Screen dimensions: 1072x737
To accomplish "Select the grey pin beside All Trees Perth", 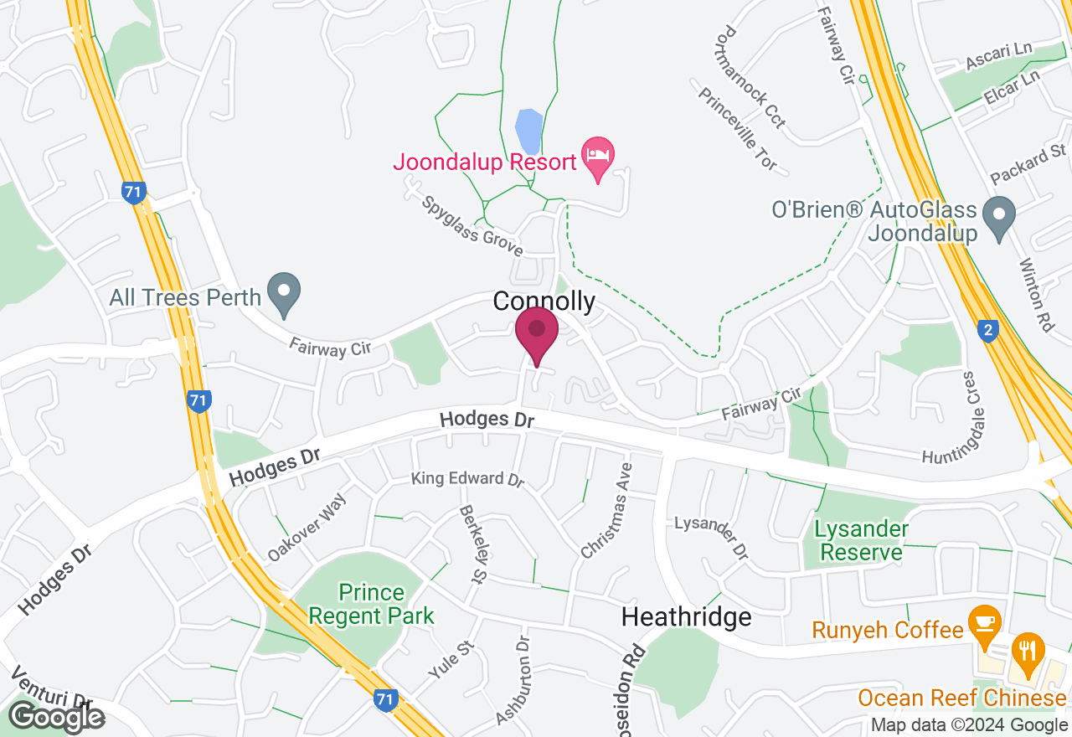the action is click(284, 293).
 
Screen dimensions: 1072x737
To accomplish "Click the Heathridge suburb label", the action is click(686, 618).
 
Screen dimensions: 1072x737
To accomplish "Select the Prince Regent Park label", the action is click(371, 605).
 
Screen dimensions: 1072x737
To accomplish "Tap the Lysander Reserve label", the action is click(861, 541).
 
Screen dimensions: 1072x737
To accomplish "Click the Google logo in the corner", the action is click(56, 718).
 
